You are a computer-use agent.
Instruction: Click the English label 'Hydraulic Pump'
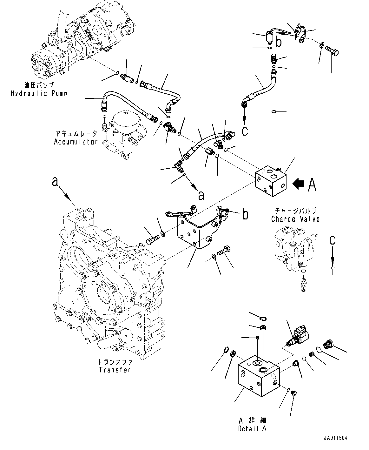click(x=39, y=93)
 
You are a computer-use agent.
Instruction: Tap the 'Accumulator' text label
click(x=76, y=142)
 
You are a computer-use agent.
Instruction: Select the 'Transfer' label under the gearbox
click(x=115, y=370)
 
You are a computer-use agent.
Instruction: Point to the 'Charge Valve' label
click(x=295, y=219)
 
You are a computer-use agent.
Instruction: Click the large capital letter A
click(x=312, y=185)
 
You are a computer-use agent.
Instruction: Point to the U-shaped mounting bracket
click(x=196, y=228)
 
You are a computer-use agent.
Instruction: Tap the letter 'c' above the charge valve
click(x=332, y=240)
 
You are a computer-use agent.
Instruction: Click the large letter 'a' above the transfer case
click(x=55, y=182)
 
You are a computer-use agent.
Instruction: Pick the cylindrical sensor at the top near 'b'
click(x=270, y=37)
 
